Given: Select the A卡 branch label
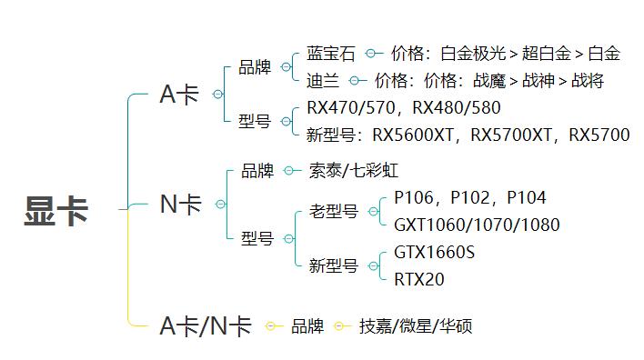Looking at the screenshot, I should coord(179,95).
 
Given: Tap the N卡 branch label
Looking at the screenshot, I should coord(181,205).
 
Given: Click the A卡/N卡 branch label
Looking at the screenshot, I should coord(206,326).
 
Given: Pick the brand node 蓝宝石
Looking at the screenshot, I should coord(331,54).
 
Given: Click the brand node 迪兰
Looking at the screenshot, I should coord(323,81).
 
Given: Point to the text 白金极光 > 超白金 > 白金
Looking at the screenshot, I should coord(530,54).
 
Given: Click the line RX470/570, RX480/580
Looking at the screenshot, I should coord(404,108).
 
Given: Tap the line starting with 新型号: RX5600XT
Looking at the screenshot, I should coord(468,135).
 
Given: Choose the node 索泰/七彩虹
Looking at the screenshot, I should coord(354,171).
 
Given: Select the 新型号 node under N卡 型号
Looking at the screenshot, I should coord(334,266).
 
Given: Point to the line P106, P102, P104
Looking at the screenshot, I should coord(470,198).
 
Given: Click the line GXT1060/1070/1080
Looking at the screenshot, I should coord(477,225).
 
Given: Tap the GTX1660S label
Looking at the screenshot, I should coord(435,253).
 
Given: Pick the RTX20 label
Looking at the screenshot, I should coord(419,279).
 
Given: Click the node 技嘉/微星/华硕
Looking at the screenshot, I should coord(416,326).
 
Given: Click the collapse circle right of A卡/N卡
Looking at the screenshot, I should coord(270,326).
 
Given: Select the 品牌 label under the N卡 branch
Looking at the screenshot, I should coord(257,171).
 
